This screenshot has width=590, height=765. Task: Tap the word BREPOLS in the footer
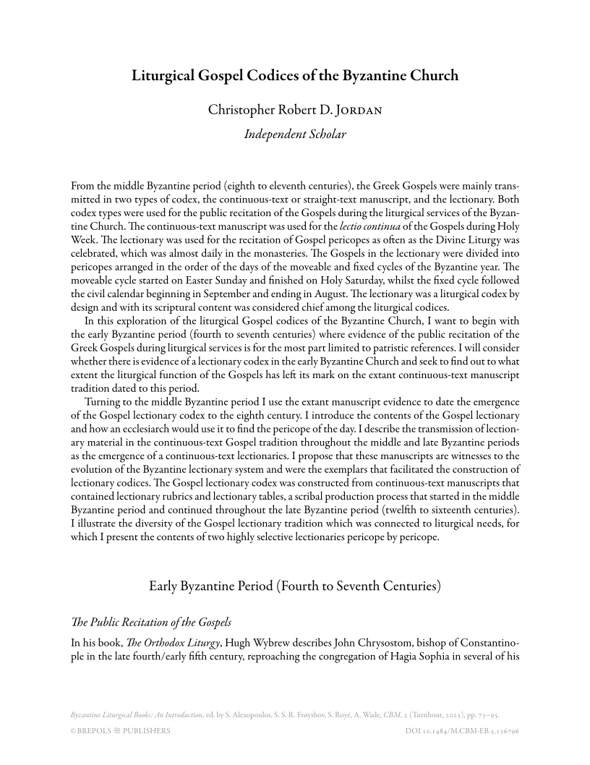pos(103,730)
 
